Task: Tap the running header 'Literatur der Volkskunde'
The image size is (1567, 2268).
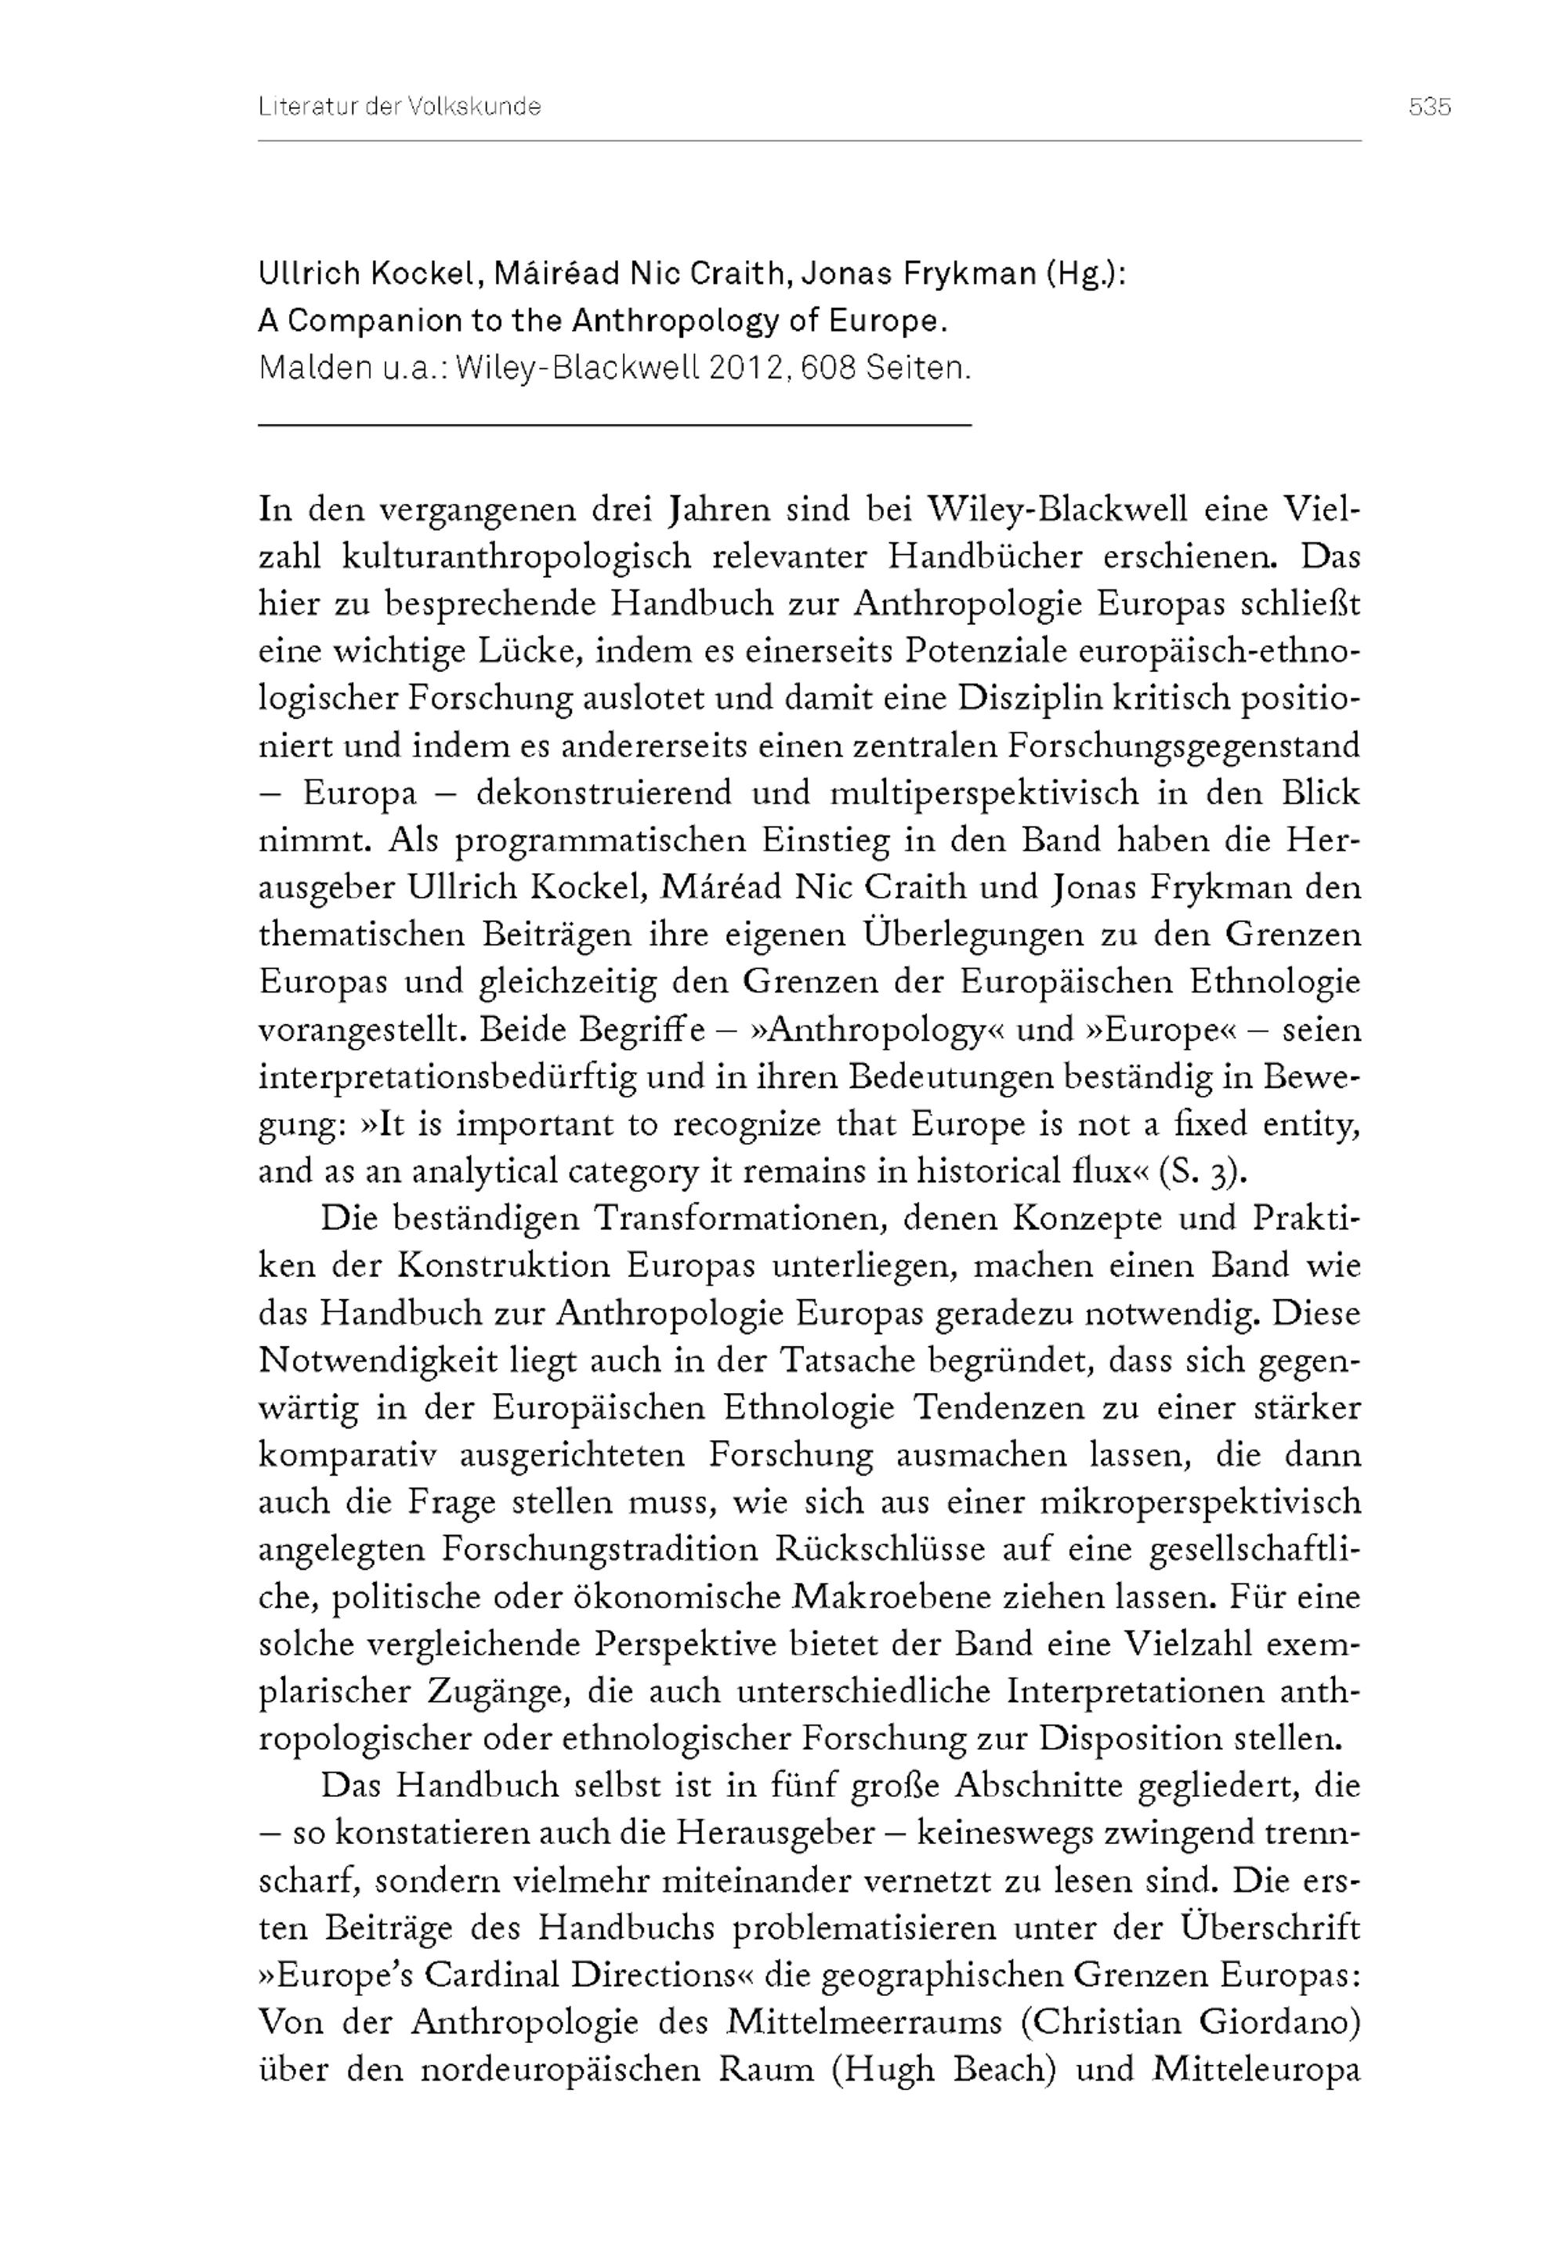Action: pos(400,107)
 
